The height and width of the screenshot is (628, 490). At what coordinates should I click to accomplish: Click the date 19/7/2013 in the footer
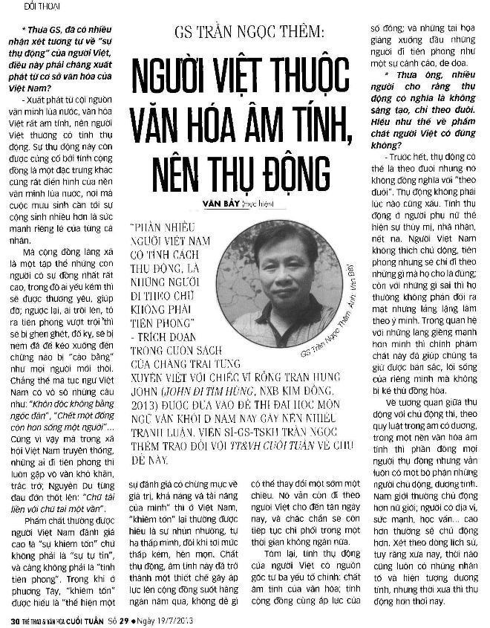[171, 619]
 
